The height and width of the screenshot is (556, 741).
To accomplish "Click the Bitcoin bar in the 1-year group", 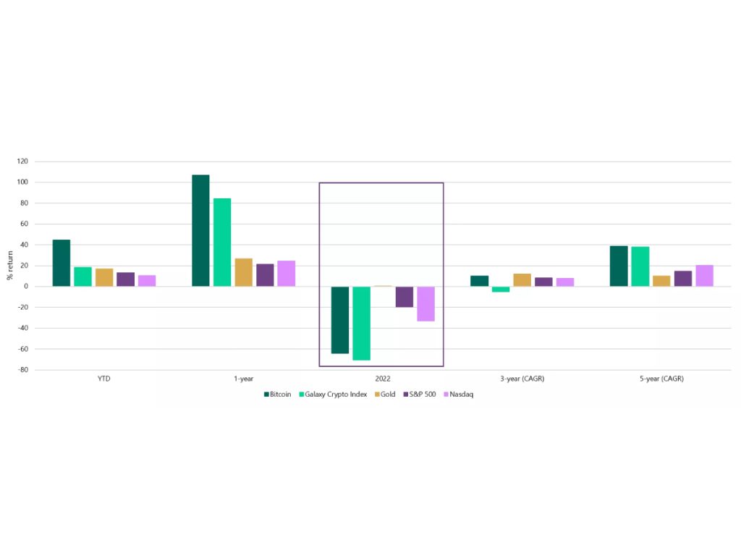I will [200, 230].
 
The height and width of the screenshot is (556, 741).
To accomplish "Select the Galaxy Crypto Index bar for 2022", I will [361, 323].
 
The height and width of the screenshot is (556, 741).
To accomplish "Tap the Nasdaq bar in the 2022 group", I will [425, 303].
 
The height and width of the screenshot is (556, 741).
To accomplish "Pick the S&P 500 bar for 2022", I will [404, 297].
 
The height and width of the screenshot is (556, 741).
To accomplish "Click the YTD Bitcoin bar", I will [62, 263].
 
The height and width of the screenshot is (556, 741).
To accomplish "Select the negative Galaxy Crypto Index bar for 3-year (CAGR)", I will [501, 289].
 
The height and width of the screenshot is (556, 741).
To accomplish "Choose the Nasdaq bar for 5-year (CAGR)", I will [704, 276].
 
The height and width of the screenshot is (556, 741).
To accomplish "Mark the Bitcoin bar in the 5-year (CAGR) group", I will [619, 266].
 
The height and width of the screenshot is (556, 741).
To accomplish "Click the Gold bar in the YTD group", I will [104, 277].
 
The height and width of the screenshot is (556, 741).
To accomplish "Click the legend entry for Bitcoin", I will [277, 395].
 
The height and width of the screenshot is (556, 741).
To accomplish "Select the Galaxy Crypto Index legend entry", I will [333, 395].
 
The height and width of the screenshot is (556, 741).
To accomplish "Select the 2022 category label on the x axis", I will [381, 379].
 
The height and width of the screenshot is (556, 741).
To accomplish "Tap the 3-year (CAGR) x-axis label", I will [521, 379].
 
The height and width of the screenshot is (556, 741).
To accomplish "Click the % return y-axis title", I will [9, 265].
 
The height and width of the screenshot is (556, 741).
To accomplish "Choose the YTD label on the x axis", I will [103, 379].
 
